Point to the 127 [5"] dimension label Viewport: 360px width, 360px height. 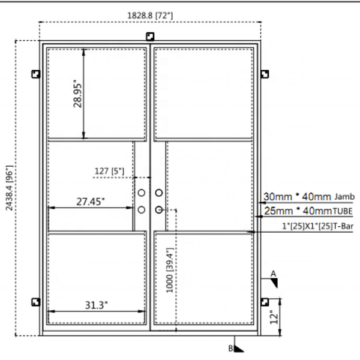click(109, 172)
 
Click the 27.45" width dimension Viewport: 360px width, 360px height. click(91, 202)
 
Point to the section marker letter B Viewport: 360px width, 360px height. click(230, 347)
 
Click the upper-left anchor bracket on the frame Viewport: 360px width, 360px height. click(35, 74)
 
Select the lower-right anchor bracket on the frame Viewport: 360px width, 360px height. click(265, 302)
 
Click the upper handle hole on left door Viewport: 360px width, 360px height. click(142, 193)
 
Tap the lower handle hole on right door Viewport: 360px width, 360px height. click(159, 209)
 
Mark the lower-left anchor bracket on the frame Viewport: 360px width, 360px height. click(35, 302)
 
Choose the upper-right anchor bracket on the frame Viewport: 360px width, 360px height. click(265, 74)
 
